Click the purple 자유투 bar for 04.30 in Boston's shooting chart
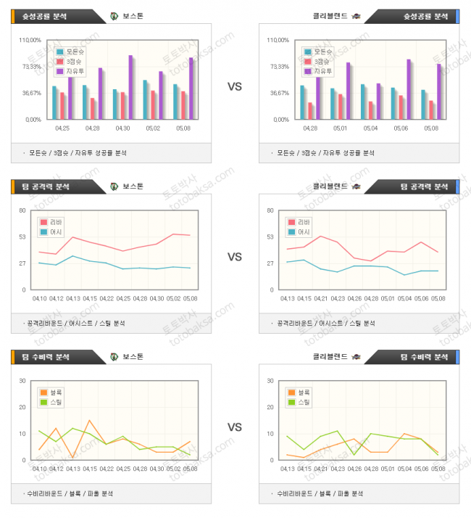130,87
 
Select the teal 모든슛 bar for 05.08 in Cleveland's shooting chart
423,104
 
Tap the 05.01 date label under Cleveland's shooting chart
340,128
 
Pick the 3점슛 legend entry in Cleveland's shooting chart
322,62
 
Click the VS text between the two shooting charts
235,86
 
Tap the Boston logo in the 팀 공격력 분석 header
114,186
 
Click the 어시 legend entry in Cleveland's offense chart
303,232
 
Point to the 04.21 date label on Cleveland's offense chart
319,298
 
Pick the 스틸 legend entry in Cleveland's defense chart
303,402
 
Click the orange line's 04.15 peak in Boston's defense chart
89,420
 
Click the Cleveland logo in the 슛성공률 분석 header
356,16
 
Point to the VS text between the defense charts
235,427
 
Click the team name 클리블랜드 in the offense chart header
330,186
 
